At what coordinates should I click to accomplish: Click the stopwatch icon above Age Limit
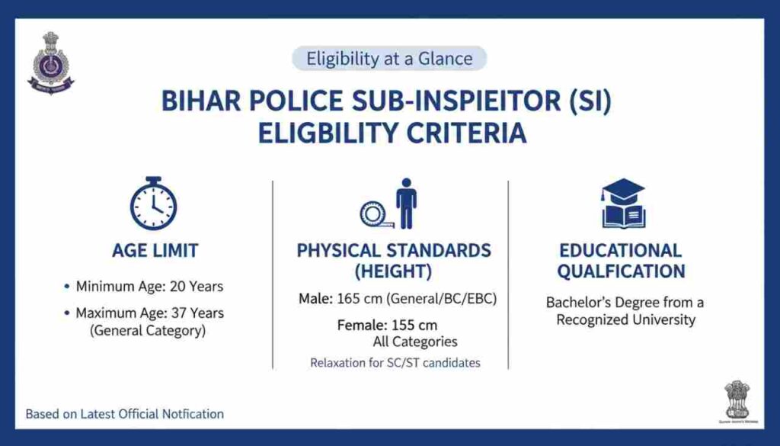[x=153, y=204]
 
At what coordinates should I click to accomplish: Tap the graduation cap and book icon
[x=623, y=204]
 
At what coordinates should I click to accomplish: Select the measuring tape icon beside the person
[x=376, y=214]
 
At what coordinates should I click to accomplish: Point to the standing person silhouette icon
[x=407, y=204]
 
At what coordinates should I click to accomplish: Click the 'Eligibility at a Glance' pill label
[x=389, y=59]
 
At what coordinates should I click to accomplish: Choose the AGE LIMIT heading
[x=155, y=251]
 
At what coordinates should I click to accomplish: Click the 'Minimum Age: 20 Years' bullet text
[x=149, y=287]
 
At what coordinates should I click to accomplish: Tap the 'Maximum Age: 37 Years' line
[x=149, y=313]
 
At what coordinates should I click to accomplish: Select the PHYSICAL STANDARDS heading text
[x=394, y=251]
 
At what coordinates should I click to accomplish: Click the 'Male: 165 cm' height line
[x=397, y=299]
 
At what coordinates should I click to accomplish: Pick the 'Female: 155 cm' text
[x=387, y=326]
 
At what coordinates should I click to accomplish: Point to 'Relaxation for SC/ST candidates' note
[x=395, y=363]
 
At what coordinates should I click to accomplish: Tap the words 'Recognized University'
[x=625, y=319]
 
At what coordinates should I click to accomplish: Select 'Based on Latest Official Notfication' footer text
[x=125, y=414]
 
